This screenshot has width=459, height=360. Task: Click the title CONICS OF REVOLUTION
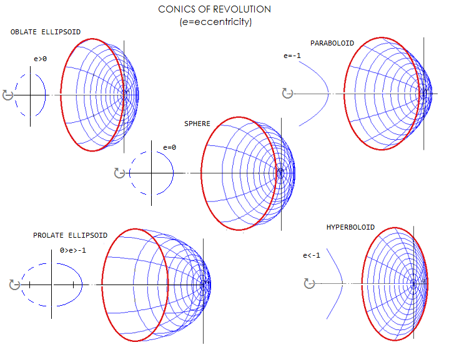click(x=214, y=9)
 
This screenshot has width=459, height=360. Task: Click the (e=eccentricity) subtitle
click(x=214, y=21)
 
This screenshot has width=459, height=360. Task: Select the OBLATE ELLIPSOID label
click(x=46, y=32)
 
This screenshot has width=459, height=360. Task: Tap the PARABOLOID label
click(x=332, y=43)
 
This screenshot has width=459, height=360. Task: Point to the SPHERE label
click(x=197, y=124)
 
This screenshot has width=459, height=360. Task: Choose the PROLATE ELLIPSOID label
click(x=70, y=235)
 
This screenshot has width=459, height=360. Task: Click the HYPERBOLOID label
click(x=350, y=227)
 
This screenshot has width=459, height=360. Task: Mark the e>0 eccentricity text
click(x=41, y=59)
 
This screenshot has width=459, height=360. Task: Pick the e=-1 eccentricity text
click(x=292, y=56)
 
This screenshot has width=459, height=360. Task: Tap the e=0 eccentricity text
click(x=169, y=147)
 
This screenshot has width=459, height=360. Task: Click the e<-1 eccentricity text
click(x=311, y=255)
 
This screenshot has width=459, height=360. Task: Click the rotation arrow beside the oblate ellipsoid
click(x=7, y=94)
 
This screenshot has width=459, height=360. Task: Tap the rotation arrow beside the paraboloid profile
click(x=287, y=93)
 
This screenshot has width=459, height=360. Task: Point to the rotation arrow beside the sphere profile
click(x=119, y=173)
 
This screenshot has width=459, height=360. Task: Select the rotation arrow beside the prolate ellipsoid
click(x=15, y=285)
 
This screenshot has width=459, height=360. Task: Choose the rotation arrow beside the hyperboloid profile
click(x=308, y=284)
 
